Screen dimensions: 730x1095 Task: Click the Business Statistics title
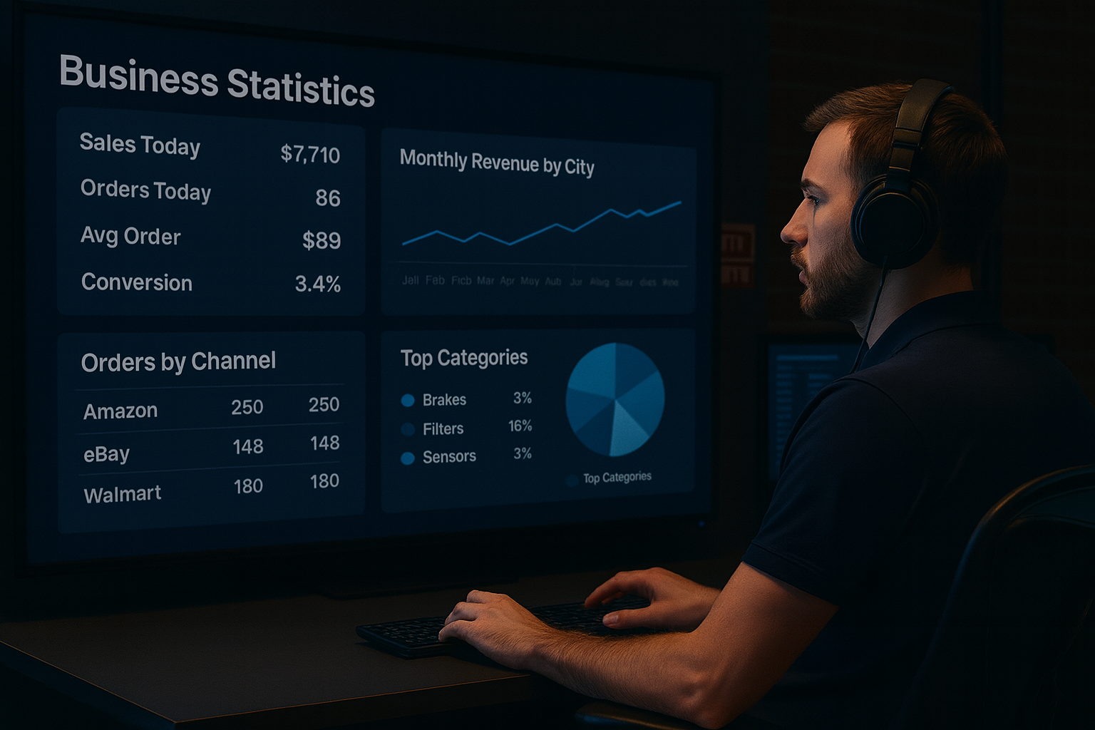tap(217, 81)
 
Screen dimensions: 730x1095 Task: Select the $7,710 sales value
tap(310, 154)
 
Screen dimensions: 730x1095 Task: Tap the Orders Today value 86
tap(328, 197)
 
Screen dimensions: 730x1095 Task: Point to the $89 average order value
tap(322, 240)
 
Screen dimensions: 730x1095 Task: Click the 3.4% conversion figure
tap(318, 284)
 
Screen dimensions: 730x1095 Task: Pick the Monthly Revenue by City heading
tap(497, 163)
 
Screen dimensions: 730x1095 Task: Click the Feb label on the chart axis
tap(435, 280)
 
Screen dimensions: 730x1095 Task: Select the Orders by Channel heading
tap(178, 362)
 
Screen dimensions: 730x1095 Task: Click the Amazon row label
tap(120, 411)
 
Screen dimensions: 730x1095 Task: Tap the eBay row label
tap(107, 454)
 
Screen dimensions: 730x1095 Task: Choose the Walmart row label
tap(123, 494)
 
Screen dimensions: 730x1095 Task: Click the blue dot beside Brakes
tap(408, 401)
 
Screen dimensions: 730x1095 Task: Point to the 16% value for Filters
tap(520, 426)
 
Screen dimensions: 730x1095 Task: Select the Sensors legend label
tap(449, 457)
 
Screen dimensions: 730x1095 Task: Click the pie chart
tap(615, 399)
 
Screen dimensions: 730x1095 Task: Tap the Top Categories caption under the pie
tap(617, 478)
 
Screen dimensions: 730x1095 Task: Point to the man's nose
tap(790, 230)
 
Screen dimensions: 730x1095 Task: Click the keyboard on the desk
tap(499, 624)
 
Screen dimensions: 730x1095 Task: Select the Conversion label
tap(137, 282)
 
